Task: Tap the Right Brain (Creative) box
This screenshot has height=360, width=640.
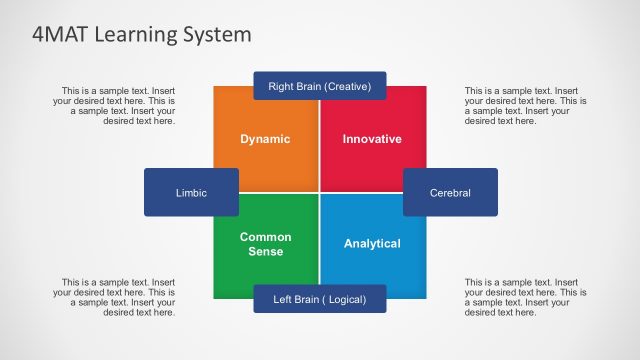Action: click(319, 87)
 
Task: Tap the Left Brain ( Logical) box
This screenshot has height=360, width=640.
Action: click(319, 299)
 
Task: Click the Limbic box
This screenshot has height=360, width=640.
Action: click(191, 192)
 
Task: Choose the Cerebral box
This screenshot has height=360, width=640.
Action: click(450, 192)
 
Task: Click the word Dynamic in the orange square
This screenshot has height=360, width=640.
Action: click(265, 139)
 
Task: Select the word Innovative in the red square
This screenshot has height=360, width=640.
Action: click(372, 139)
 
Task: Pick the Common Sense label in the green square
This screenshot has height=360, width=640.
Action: click(265, 244)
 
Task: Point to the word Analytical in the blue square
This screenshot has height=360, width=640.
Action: click(372, 244)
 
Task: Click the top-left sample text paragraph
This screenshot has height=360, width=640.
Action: click(116, 106)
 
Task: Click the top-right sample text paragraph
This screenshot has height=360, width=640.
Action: click(524, 106)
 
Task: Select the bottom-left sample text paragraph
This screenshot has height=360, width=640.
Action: click(116, 297)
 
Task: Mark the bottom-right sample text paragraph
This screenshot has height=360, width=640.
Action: click(524, 297)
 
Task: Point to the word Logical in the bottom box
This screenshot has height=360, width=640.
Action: click(343, 299)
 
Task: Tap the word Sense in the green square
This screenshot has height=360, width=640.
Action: click(265, 252)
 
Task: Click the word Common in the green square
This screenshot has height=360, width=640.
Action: click(265, 237)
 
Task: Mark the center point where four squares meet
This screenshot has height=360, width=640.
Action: click(319, 191)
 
